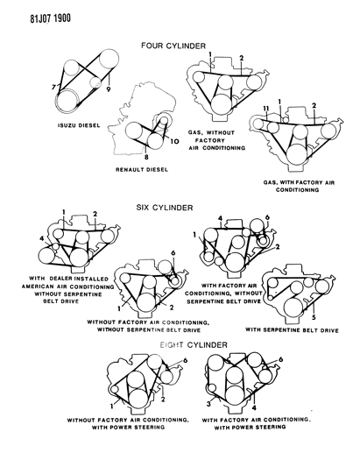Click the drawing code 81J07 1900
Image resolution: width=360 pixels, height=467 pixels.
pos(31,8)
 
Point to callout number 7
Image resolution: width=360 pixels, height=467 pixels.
pos(54,86)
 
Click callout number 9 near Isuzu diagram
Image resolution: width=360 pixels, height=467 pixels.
pos(109,88)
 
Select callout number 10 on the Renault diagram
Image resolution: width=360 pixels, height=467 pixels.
pos(176,140)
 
